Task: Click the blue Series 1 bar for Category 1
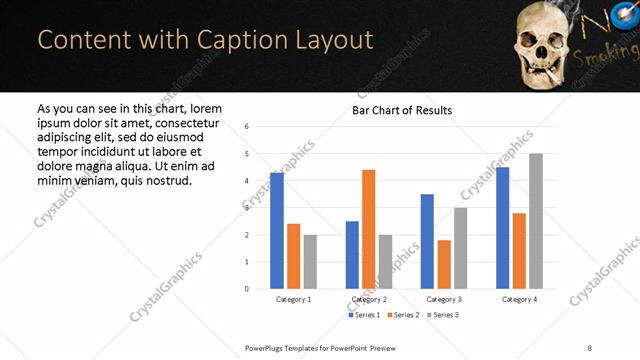pos(277,231)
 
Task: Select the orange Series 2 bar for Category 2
pos(369,229)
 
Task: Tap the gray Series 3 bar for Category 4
pos(536,221)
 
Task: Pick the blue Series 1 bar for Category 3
pos(427,241)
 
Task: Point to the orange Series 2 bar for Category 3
pos(444,264)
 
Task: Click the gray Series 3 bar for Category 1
pos(310,261)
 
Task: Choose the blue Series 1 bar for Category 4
pos(502,228)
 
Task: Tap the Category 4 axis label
pos(519,299)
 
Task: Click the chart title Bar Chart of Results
pos(402,110)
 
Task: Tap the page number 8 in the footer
pos(589,347)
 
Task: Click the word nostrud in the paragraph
pos(165,180)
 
